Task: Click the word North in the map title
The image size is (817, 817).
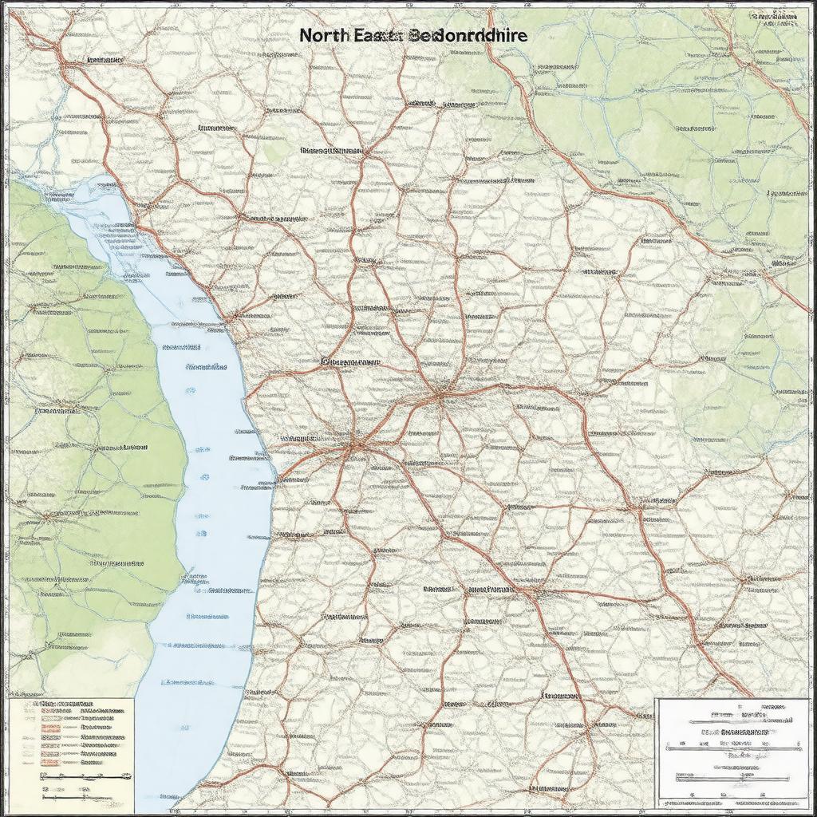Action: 324,37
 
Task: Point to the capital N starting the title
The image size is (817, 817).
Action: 305,37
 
